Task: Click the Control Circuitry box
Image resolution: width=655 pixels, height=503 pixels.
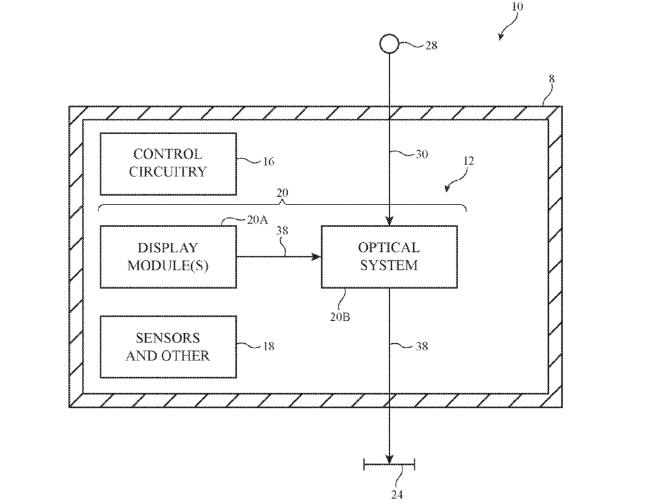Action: [168, 164]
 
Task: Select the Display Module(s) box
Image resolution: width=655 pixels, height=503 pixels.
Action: [168, 256]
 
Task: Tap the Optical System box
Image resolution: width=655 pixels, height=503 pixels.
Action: [389, 256]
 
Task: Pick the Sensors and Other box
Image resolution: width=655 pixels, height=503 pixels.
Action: [168, 346]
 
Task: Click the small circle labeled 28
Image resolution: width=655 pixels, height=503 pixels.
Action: [390, 44]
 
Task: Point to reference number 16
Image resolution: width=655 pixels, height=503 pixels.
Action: [268, 162]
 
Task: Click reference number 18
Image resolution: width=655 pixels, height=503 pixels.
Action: [268, 346]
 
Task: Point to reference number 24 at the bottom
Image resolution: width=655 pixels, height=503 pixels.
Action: [397, 493]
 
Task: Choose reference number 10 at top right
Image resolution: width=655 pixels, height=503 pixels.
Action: [517, 7]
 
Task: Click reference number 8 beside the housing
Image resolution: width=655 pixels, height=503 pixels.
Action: [551, 79]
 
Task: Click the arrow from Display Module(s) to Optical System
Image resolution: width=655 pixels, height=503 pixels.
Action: [278, 257]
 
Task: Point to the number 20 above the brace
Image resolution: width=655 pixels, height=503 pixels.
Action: [282, 192]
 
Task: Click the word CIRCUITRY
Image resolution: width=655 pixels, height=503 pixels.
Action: [168, 172]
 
